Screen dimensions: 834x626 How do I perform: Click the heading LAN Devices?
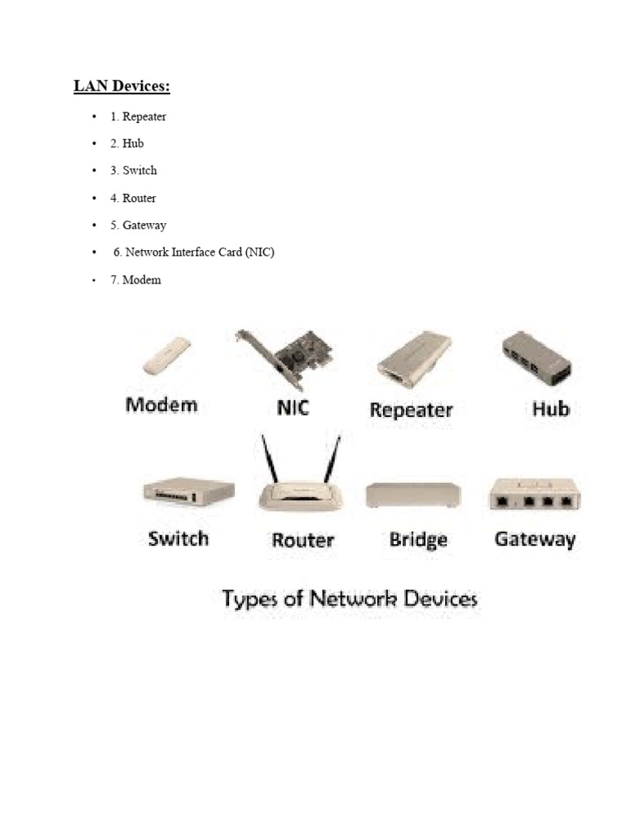tap(122, 86)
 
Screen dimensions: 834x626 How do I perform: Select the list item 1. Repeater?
tap(139, 116)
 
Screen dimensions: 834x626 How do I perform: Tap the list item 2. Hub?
tap(127, 143)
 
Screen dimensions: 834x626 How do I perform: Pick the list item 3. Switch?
tap(134, 170)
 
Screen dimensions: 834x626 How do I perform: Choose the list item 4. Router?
tap(134, 198)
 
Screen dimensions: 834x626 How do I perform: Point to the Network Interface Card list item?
tap(194, 252)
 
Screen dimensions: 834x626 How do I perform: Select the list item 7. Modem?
tap(136, 280)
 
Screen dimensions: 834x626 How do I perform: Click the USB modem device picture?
tap(167, 357)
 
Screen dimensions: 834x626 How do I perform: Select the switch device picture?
tap(188, 491)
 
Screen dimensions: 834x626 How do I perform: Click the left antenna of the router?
tap(268, 460)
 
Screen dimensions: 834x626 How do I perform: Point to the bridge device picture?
tap(413, 494)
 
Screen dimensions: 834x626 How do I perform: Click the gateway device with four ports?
tap(534, 494)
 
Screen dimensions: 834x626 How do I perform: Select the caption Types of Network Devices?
tap(350, 599)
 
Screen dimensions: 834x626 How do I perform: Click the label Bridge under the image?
tap(418, 539)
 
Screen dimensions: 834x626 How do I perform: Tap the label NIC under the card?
tap(292, 406)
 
